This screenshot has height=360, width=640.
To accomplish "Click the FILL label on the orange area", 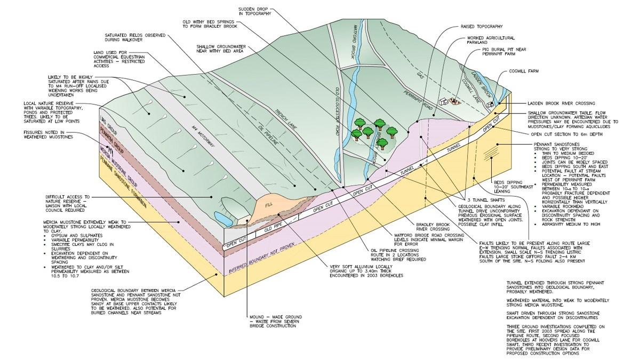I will click(x=267, y=204).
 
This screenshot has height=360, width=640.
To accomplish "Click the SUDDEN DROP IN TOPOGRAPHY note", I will click(x=255, y=10).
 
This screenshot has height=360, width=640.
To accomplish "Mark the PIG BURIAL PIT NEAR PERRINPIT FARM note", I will click(x=505, y=52).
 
